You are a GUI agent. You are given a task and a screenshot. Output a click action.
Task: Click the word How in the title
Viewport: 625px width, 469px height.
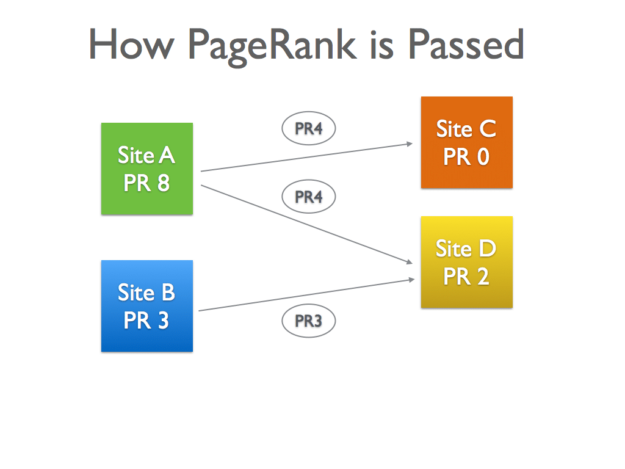(131, 44)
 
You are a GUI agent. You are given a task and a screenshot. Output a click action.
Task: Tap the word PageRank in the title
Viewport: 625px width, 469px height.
(272, 46)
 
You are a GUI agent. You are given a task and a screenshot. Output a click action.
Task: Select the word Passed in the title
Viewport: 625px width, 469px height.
(466, 44)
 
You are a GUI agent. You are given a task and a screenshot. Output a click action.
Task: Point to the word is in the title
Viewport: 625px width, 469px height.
(382, 45)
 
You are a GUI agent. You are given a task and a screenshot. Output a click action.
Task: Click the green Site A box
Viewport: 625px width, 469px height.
(147, 169)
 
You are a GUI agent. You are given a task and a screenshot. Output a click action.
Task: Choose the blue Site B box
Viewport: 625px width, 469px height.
(147, 306)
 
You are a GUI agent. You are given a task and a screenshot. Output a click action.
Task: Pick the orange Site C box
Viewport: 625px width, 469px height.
(467, 142)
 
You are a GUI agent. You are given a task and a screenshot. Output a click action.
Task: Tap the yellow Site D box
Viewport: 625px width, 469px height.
(467, 262)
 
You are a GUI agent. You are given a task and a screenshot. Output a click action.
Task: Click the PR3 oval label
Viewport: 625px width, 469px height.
(308, 321)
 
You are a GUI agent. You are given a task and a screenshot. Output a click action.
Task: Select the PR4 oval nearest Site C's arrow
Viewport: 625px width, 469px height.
(308, 128)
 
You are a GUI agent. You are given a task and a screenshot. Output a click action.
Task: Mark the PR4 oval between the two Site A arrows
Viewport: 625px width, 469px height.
(308, 196)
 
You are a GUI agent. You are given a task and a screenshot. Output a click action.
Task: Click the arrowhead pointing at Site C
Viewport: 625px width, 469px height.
(410, 144)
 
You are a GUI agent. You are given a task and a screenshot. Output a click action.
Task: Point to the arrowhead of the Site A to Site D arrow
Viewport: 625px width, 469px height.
(410, 262)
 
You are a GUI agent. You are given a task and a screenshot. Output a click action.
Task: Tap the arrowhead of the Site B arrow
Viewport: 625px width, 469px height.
(412, 280)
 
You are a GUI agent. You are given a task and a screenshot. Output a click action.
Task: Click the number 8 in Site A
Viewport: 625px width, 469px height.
(164, 183)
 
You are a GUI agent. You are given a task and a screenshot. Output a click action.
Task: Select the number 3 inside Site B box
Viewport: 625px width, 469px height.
(164, 320)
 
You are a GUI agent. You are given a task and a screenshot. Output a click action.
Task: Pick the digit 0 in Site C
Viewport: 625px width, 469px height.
(483, 157)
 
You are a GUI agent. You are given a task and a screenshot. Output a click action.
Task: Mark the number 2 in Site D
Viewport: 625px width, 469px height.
(483, 277)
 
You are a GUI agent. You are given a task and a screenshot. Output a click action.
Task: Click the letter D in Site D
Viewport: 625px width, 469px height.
(487, 249)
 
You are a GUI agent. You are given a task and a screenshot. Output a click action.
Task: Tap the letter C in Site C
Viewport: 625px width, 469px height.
(488, 129)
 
